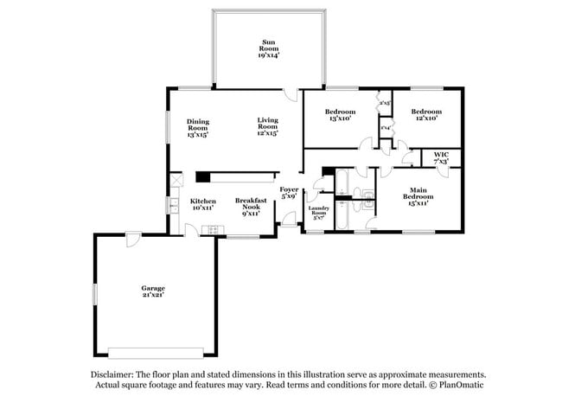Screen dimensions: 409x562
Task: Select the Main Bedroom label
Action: [418, 193]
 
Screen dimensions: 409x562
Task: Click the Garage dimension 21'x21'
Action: [153, 295]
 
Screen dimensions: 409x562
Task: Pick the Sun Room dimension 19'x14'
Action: [269, 54]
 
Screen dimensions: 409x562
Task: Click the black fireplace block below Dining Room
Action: [201, 177]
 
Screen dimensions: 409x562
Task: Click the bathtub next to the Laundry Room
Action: [342, 182]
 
